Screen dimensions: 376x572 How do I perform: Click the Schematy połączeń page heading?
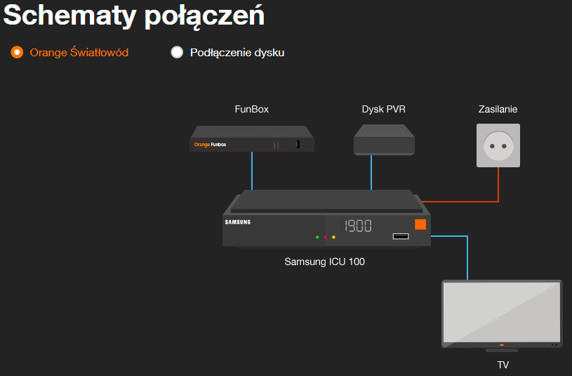tap(134, 15)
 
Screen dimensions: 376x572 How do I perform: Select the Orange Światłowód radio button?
tap(18, 52)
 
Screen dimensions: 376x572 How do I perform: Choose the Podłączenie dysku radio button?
tap(177, 52)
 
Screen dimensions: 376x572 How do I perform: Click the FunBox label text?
tap(251, 109)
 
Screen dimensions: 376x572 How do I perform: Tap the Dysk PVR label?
tap(383, 109)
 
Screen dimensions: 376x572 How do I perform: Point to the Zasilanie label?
tap(498, 109)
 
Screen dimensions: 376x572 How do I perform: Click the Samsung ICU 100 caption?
tap(324, 261)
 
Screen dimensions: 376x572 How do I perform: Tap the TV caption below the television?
tap(503, 365)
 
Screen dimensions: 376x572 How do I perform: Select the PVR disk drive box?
tap(384, 139)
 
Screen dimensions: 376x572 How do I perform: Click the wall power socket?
tap(498, 145)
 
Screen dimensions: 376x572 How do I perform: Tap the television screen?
tap(501, 312)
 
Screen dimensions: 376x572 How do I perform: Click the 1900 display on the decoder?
tap(356, 226)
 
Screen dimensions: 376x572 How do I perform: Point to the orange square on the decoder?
tap(420, 225)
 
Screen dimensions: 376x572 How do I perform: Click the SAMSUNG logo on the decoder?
tap(237, 222)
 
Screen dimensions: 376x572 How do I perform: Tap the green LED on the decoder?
tap(317, 238)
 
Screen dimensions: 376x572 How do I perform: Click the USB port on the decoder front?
tap(400, 235)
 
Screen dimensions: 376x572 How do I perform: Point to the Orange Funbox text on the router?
tap(210, 145)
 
